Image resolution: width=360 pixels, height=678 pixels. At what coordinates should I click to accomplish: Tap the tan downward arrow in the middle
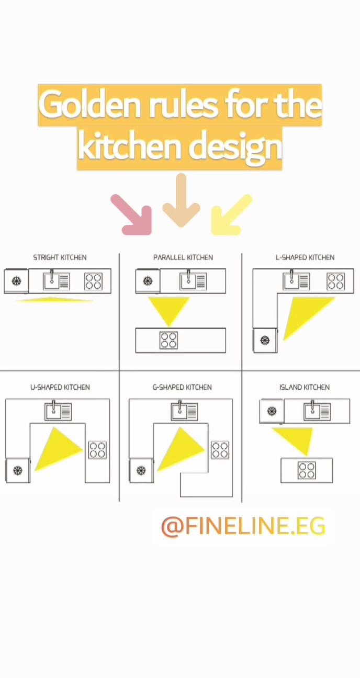[x=181, y=200]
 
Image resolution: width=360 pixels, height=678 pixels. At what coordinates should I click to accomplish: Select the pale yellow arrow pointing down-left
[x=230, y=216]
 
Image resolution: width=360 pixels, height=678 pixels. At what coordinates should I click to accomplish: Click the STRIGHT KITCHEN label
[x=60, y=257]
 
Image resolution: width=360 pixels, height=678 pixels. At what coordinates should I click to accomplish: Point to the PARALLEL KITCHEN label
[x=183, y=257]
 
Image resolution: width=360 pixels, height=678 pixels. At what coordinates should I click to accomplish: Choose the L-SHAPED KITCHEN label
[x=305, y=257]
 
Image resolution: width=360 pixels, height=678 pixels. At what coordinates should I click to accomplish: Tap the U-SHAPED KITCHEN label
[x=60, y=388]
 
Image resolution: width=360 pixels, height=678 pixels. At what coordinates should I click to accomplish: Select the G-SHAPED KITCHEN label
[x=182, y=388]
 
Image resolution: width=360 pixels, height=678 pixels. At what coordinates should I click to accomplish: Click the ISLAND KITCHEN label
[x=305, y=388]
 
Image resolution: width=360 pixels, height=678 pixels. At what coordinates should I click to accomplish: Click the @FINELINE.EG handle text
[x=243, y=526]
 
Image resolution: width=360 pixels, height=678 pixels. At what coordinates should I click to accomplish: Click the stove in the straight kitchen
[x=93, y=281]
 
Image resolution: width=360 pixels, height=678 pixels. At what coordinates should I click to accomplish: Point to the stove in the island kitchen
[x=307, y=470]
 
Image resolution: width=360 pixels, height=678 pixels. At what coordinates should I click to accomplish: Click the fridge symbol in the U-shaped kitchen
[x=18, y=470]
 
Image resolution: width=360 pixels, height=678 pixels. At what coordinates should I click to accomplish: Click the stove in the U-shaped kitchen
[x=97, y=450]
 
